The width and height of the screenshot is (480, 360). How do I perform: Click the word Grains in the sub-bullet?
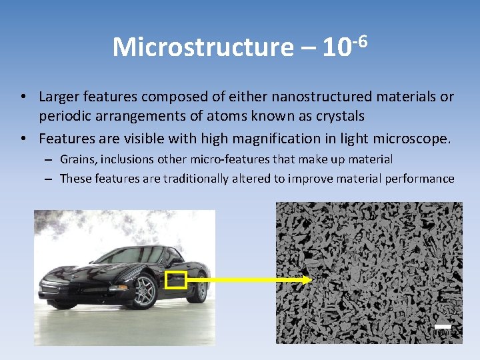[x=77, y=159]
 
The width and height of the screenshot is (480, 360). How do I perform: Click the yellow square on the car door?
[x=175, y=280]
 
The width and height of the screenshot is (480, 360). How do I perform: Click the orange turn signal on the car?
[x=118, y=287]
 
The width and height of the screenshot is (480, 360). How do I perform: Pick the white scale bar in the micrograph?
[x=443, y=326]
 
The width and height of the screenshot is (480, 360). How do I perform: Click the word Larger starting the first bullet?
[x=59, y=97]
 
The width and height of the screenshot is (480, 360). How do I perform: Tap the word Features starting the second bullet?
[x=65, y=139]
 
